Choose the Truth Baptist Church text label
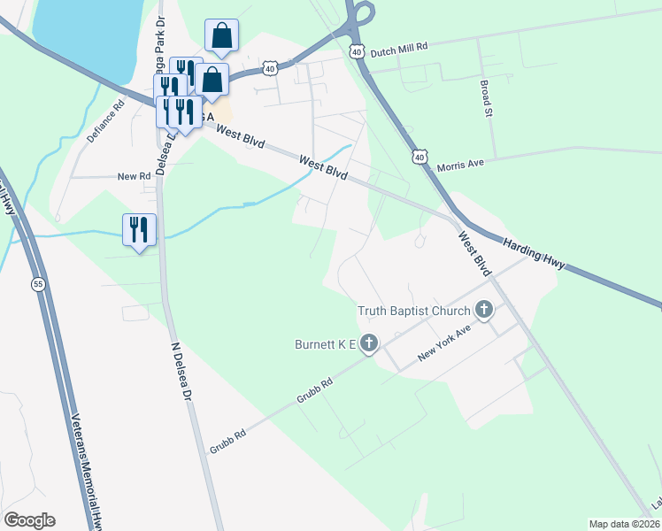point(412,311)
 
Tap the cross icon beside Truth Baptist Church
point(483,310)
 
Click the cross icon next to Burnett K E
point(369,342)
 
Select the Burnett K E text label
point(325,343)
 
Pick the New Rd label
point(135,177)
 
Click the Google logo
point(29,520)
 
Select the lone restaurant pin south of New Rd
point(139,231)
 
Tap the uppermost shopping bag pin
point(221,37)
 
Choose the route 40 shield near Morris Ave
point(420,156)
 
